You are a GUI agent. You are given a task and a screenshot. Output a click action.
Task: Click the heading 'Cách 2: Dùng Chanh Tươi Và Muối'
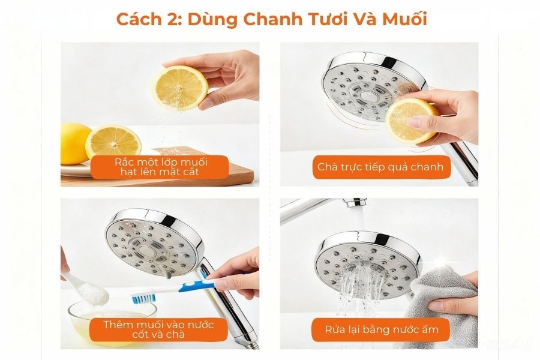pyautogui.click(x=271, y=19)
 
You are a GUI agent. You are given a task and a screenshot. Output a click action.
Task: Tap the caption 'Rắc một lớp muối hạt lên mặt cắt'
pyautogui.click(x=160, y=167)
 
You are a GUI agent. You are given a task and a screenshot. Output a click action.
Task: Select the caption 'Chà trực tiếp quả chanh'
pyautogui.click(x=380, y=167)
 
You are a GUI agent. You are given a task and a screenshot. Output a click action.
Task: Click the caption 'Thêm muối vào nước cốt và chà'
pyautogui.click(x=158, y=329)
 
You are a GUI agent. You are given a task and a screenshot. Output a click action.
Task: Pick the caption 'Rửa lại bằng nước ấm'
pyautogui.click(x=382, y=329)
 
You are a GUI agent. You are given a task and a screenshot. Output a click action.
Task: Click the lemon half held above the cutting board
pyautogui.click(x=180, y=88)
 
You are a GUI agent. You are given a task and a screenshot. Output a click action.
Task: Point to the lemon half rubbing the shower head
pyautogui.click(x=410, y=121)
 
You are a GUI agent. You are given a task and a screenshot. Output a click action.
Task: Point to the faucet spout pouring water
pyautogui.click(x=356, y=203)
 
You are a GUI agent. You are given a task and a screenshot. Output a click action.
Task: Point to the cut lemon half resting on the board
pyautogui.click(x=113, y=141)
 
